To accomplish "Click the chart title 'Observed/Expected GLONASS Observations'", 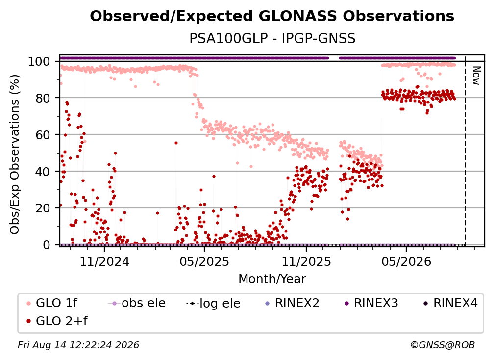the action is pyautogui.click(x=272, y=16).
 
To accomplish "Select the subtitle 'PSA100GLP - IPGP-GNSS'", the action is pyautogui.click(x=272, y=38).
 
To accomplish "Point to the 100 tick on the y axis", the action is pyautogui.click(x=39, y=61).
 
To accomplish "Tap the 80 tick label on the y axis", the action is pyautogui.click(x=43, y=98).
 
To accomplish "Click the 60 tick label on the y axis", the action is pyautogui.click(x=43, y=135).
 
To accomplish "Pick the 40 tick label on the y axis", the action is pyautogui.click(x=43, y=172).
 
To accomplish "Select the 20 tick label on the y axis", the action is pyautogui.click(x=43, y=208).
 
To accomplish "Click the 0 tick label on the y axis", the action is pyautogui.click(x=47, y=245).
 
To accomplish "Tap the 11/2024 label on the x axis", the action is pyautogui.click(x=104, y=262).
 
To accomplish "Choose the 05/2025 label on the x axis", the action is pyautogui.click(x=204, y=262).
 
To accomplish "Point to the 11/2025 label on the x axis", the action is pyautogui.click(x=306, y=262).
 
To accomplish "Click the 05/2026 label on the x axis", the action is pyautogui.click(x=406, y=262).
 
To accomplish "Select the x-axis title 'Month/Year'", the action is pyautogui.click(x=272, y=279).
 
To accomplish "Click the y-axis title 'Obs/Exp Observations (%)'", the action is pyautogui.click(x=15, y=154).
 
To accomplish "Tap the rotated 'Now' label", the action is pyautogui.click(x=476, y=76).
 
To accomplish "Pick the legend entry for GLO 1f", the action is pyautogui.click(x=52, y=303).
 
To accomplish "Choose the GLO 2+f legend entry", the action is pyautogui.click(x=57, y=321).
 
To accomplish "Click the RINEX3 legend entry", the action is pyautogui.click(x=371, y=303).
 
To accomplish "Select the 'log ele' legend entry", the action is pyautogui.click(x=213, y=304).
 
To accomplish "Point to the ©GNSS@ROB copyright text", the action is pyautogui.click(x=443, y=345).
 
